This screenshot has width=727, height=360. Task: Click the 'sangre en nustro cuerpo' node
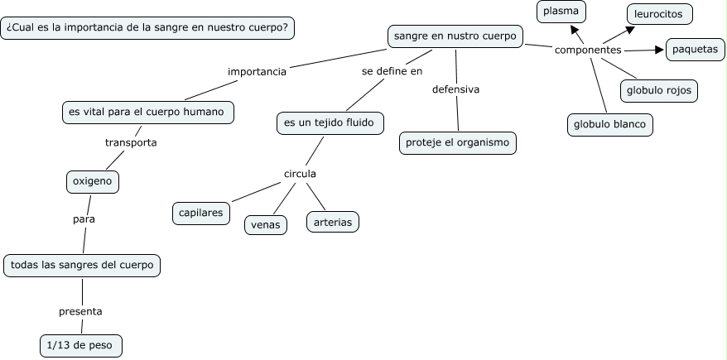pos(455,36)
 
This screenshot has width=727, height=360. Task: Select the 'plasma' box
pos(561,12)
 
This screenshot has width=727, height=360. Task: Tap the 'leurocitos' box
pos(658,14)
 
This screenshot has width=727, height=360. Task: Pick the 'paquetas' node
pos(695,50)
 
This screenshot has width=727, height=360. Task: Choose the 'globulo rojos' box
pos(659,90)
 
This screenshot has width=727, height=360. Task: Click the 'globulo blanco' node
pos(610,125)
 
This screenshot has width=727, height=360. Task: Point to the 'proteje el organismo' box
pos(458,142)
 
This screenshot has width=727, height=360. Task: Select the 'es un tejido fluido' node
pos(330,123)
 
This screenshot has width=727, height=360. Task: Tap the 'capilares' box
pos(200,213)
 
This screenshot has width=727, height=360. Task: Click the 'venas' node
pos(266,224)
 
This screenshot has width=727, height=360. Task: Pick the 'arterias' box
pos(333,222)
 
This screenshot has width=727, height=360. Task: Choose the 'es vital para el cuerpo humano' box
pos(147,111)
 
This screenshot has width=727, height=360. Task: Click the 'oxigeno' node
pos(93,180)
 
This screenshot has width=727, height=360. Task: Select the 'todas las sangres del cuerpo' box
pos(81,266)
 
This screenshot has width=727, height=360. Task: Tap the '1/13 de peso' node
pos(80,344)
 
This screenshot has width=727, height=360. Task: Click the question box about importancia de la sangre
pos(147,28)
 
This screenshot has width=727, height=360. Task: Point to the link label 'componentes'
pos(588,50)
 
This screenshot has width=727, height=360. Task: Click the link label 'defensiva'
pos(456,89)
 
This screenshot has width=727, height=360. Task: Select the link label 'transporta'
pos(131,142)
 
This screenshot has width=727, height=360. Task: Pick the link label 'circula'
pos(300,174)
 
